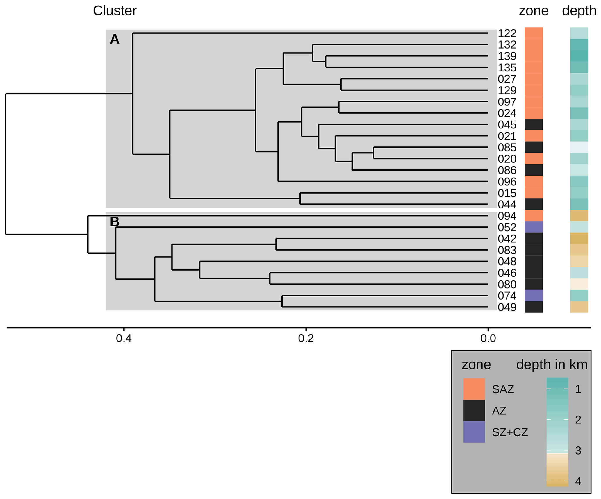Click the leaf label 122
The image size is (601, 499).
click(x=507, y=33)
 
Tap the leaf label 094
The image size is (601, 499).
click(x=507, y=216)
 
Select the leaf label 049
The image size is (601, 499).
click(x=507, y=307)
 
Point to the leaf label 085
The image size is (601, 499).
click(x=507, y=147)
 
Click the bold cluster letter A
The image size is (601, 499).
click(x=115, y=39)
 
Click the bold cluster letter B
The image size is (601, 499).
click(x=115, y=222)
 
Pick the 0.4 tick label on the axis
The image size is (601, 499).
click(x=124, y=338)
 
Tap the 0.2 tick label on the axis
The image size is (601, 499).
click(x=306, y=338)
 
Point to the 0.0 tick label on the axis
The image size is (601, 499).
click(x=488, y=338)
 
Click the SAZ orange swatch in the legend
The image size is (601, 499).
click(x=474, y=389)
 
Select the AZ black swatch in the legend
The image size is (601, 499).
click(x=474, y=410)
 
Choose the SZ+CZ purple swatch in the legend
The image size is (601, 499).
click(x=474, y=432)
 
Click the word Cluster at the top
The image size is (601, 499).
click(x=115, y=11)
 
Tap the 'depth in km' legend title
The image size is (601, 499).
click(x=552, y=364)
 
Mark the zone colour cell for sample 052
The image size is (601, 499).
click(x=534, y=227)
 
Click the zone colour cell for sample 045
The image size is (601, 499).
click(x=534, y=124)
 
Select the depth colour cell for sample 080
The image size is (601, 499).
click(x=579, y=284)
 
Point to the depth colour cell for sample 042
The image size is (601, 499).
click(x=579, y=239)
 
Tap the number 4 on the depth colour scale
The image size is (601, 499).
click(x=578, y=481)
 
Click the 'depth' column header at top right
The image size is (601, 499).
click(x=579, y=11)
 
